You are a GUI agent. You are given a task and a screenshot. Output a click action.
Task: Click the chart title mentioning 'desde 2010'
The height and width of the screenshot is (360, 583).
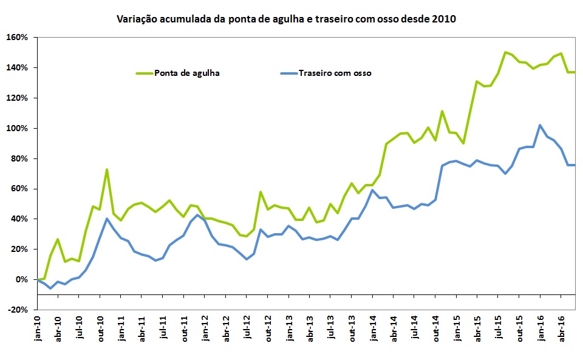tap(286, 19)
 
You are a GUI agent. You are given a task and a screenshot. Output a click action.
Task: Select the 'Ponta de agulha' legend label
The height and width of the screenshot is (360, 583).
tap(186, 73)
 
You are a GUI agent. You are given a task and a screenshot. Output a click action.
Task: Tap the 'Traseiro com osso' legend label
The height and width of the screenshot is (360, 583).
tap(335, 73)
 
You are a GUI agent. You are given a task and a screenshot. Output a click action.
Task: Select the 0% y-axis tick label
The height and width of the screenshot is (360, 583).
tap(22, 279)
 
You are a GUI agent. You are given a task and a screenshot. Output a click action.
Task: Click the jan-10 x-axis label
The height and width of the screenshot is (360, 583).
tap(37, 328)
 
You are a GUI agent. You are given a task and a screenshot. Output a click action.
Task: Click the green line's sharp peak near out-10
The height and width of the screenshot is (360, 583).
tap(107, 169)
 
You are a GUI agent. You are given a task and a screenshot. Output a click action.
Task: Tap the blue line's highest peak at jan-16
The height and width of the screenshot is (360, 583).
tap(540, 125)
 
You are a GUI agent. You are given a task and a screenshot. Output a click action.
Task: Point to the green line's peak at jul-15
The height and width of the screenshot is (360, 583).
tap(505, 52)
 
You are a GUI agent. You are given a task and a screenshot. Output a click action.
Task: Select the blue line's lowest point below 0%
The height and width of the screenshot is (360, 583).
tap(50, 288)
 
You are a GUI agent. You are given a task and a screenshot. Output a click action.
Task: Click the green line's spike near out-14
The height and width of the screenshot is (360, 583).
tap(442, 111)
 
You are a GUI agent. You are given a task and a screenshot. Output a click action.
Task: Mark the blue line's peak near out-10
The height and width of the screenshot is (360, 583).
tap(107, 219)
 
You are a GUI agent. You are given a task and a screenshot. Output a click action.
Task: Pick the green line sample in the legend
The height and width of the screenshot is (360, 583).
tap(143, 73)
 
